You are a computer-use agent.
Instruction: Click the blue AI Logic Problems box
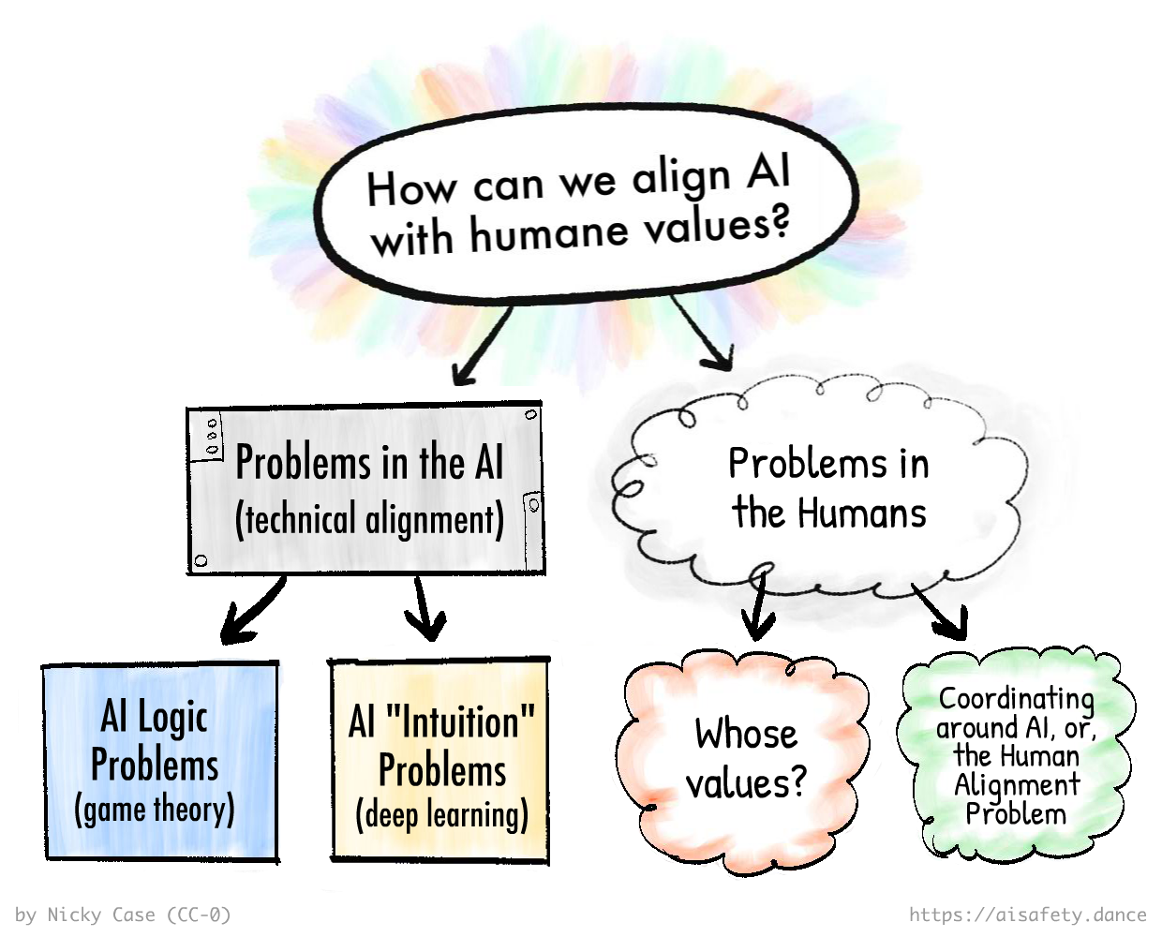coord(159,761)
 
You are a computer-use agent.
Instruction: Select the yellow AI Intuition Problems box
coord(439,761)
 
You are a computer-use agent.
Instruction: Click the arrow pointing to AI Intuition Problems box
coord(425,609)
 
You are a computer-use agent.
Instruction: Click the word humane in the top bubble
coord(548,231)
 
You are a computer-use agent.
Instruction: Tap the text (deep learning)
coord(441,815)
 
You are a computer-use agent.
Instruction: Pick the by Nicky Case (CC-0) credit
coord(123,915)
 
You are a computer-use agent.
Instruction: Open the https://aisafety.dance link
coord(1027,915)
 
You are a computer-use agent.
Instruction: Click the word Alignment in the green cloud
coord(1017,785)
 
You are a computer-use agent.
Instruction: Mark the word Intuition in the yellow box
coord(459,722)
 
